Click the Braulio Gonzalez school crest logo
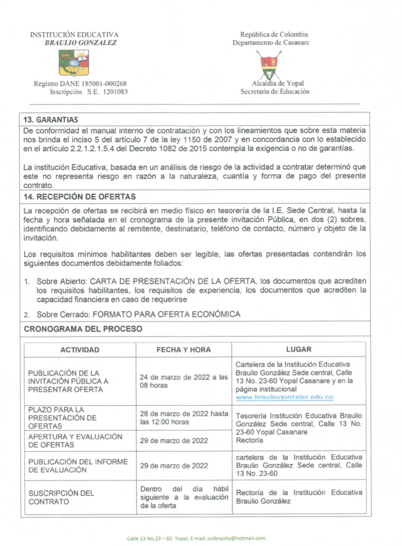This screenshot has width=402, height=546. coord(74,62)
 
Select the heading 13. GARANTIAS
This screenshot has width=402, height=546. coord(51,120)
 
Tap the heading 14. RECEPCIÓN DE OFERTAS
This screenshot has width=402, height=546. coord(79,197)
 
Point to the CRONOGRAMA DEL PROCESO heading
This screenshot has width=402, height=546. coord(83,329)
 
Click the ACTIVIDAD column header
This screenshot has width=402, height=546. coord(80,350)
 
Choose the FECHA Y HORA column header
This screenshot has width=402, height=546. coord(183,350)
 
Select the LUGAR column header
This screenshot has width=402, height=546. coord(299,350)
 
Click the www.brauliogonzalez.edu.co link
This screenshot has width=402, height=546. coord(284,397)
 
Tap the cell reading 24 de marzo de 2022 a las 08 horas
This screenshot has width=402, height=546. coord(183,381)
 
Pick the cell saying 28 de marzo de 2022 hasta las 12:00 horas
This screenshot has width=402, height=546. coord(184,418)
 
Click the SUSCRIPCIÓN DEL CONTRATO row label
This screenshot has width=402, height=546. coord(61,497)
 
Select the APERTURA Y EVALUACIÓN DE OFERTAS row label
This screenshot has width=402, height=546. coord(75,441)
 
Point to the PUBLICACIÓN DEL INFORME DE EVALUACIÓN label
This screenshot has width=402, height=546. coord(78,466)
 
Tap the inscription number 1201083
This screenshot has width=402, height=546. coord(115,92)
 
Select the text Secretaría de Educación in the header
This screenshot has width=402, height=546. coord(275,91)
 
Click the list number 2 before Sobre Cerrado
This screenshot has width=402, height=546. coord(26,315)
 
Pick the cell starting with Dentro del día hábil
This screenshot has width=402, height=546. coord(184,497)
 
